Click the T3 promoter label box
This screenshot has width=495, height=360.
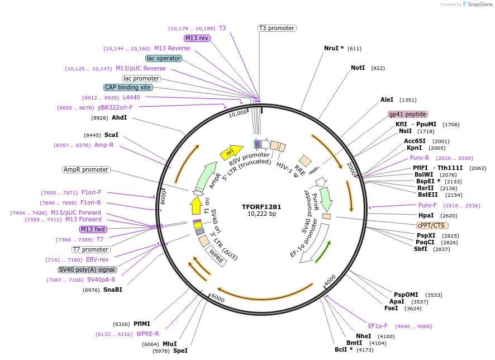pos(277,28)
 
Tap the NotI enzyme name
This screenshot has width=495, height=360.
pos(358,68)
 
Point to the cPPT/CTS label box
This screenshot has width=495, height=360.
pos(431,225)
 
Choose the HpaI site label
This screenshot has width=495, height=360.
pos(426,215)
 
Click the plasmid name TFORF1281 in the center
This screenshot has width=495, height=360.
pos(261,206)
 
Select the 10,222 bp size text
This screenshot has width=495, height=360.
pos(261,214)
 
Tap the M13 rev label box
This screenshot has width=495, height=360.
pos(197,38)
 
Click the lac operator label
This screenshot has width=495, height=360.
pos(163,58)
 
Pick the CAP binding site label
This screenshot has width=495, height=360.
pos(128,87)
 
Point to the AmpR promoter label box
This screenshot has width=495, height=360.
pos(86,169)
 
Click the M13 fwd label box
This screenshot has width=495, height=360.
pos(93,229)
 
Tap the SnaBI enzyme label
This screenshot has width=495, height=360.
pos(112,290)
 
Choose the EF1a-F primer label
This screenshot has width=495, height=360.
pos(378,326)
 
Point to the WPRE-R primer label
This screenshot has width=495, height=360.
pos(147,334)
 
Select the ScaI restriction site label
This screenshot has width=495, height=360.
pos(112,135)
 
